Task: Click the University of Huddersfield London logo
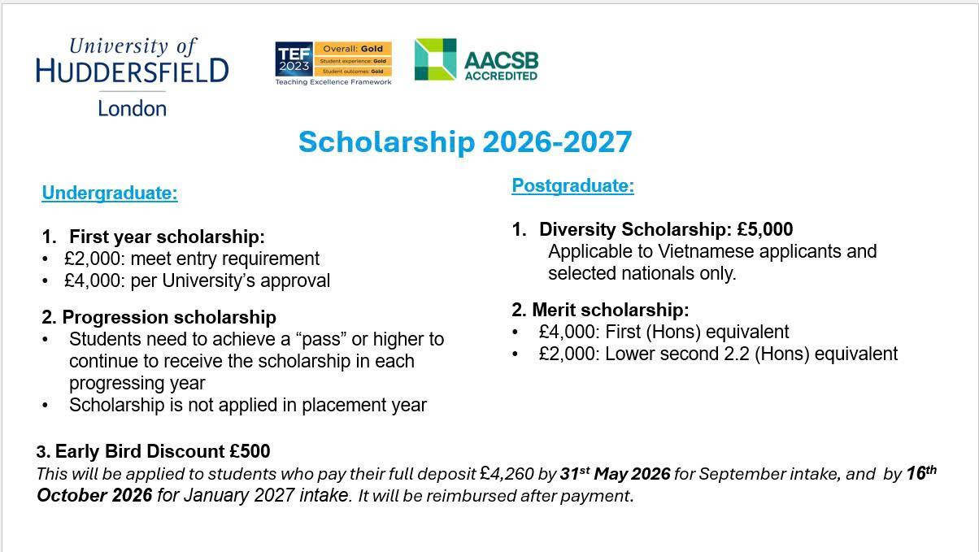pos(133,76)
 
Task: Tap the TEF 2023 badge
pos(333,63)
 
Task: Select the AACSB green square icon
pos(435,59)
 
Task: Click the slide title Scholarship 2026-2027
pos(464,142)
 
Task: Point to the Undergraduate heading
pos(110,193)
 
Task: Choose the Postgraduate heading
pos(572,186)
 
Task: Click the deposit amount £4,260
pos(507,474)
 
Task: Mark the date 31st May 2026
pos(615,474)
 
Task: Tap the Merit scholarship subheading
pos(601,311)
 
